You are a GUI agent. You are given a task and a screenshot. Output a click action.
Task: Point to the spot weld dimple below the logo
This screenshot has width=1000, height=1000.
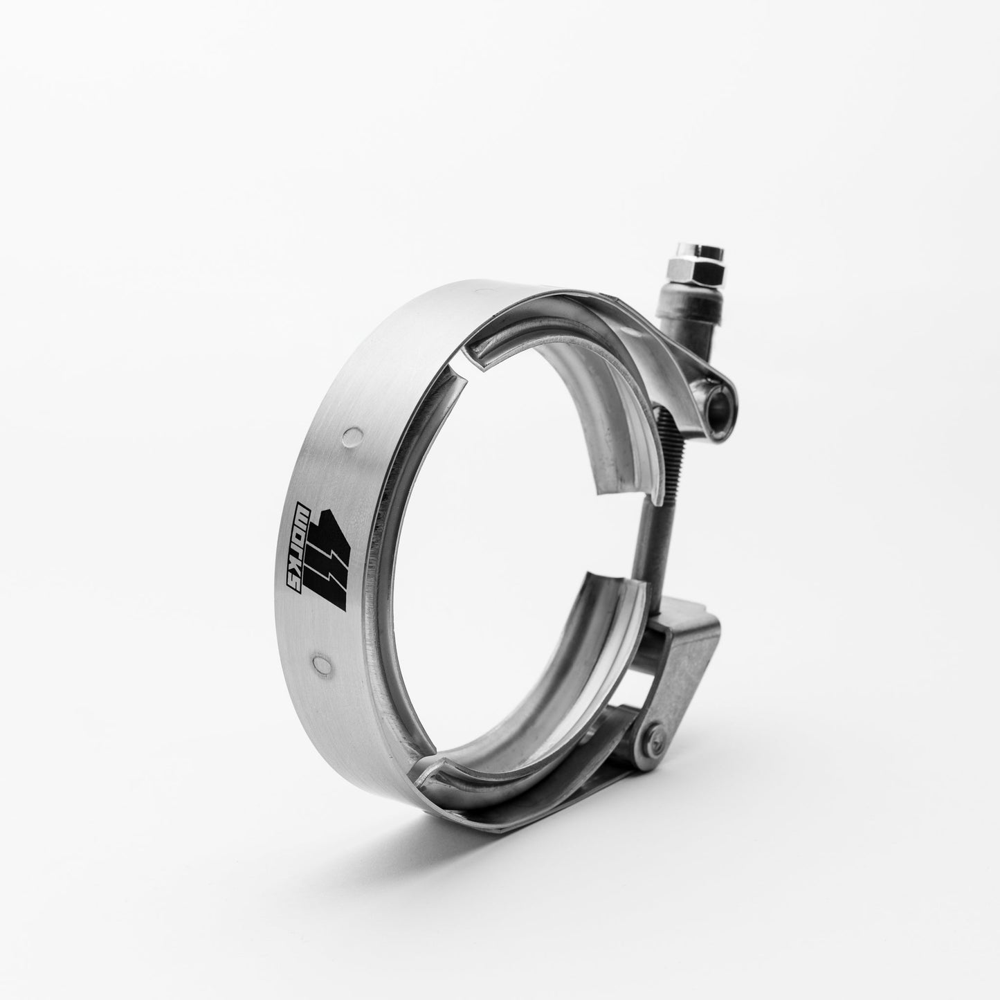click(x=320, y=663)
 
